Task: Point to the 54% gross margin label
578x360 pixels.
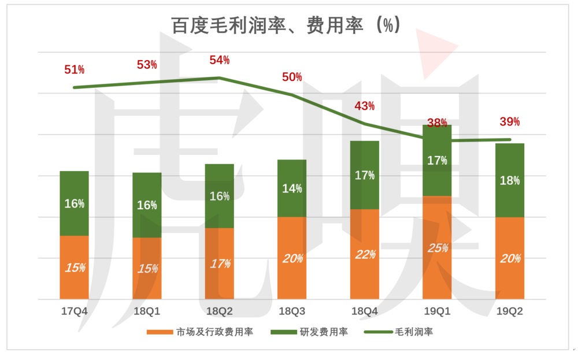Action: [220, 60]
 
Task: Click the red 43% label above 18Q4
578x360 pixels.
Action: [365, 106]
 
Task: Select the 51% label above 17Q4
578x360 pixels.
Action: [74, 70]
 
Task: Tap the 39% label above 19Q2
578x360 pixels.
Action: [509, 122]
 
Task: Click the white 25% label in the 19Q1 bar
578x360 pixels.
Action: [438, 248]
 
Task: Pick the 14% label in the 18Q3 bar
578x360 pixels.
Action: [292, 188]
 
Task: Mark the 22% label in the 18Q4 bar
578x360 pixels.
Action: [365, 254]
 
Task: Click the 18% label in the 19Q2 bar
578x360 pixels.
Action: [510, 180]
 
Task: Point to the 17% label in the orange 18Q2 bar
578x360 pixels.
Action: [220, 263]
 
